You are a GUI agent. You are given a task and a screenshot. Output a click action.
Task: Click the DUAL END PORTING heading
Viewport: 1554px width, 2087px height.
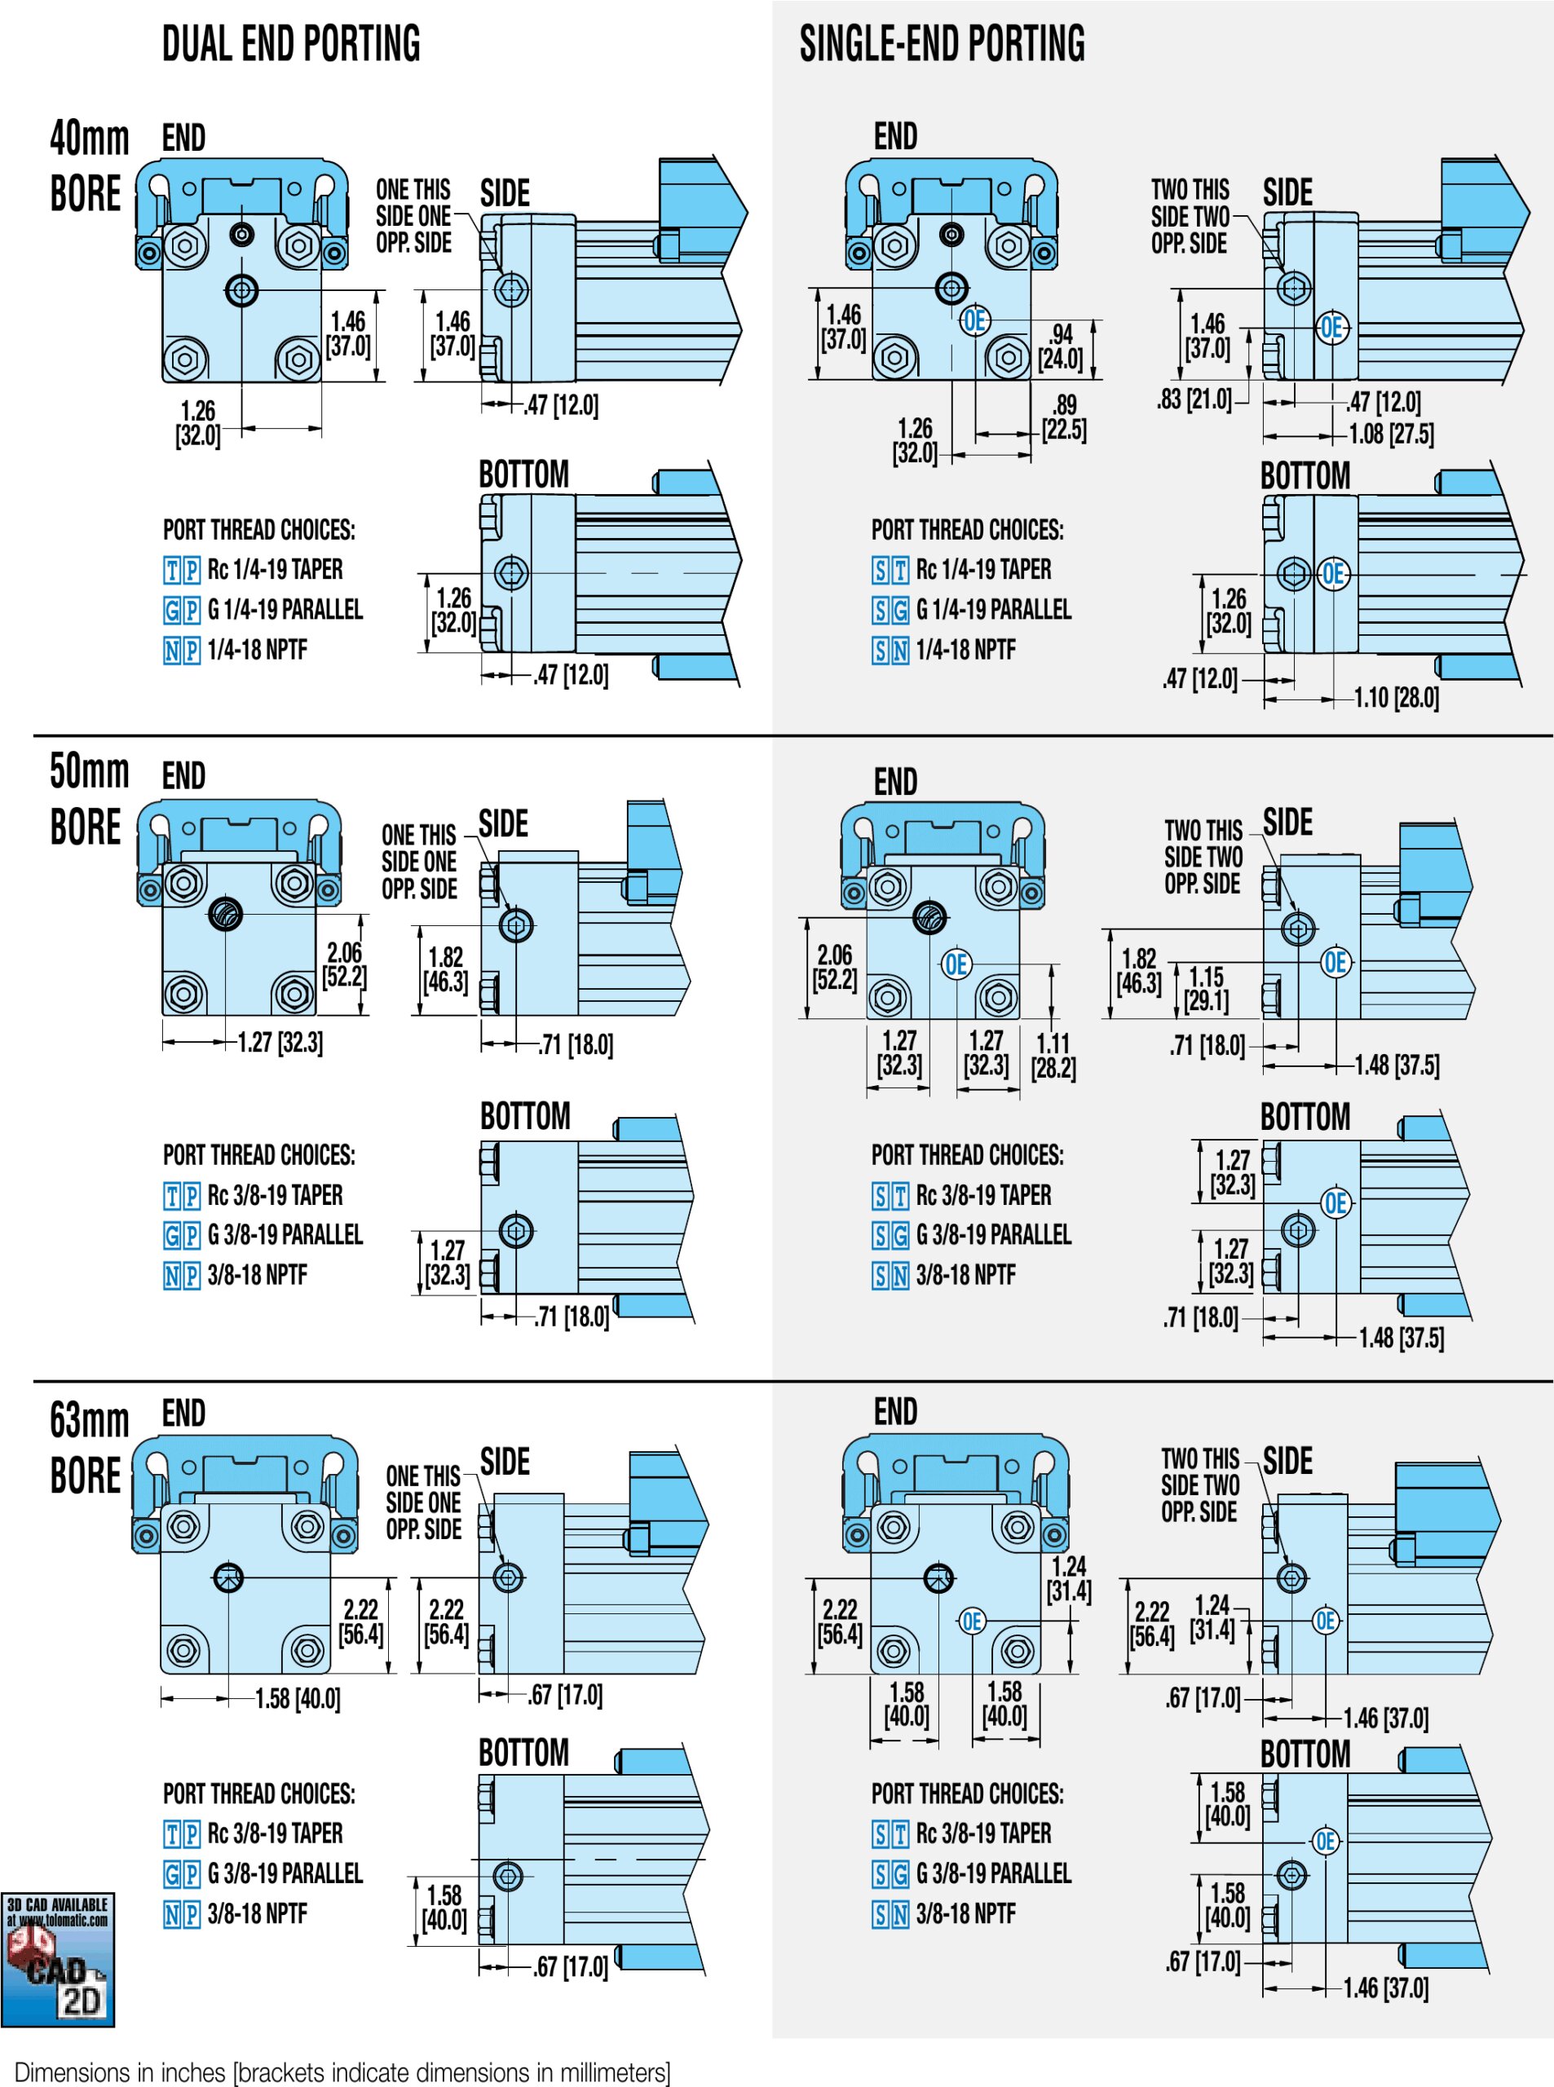pos(291,44)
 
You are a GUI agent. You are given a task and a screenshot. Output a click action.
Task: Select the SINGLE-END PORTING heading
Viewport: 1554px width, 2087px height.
pos(942,44)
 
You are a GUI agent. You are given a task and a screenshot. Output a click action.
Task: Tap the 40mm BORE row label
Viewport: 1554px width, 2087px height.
pos(88,167)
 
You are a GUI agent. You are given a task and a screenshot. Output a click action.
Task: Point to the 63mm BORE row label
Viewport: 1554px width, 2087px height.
pos(88,1448)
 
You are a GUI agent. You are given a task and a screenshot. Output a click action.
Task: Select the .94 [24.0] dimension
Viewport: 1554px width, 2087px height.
pos(1061,346)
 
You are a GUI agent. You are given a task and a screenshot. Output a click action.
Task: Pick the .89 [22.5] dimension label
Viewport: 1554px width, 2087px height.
pos(1064,417)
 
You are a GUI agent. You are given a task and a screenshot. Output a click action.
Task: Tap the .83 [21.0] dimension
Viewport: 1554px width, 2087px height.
pos(1194,399)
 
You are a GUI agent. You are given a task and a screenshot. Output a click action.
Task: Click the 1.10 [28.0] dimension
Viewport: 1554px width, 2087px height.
pos(1396,697)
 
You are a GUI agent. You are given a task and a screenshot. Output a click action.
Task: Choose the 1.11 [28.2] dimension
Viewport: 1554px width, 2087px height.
pos(1053,1055)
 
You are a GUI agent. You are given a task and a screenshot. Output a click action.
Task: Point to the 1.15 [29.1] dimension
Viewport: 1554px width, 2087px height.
pos(1206,989)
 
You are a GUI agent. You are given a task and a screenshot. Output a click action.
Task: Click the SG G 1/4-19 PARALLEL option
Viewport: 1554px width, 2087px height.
pos(972,610)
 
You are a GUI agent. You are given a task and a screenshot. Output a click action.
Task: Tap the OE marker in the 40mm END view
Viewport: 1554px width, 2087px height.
pos(974,320)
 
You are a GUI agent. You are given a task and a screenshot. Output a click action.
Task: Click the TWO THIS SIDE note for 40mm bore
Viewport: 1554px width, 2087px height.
pos(1190,216)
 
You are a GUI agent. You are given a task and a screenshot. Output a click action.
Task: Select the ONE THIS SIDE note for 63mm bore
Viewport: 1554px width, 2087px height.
pos(423,1502)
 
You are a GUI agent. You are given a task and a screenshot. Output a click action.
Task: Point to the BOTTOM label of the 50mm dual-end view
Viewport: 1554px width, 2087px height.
pos(525,1116)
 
